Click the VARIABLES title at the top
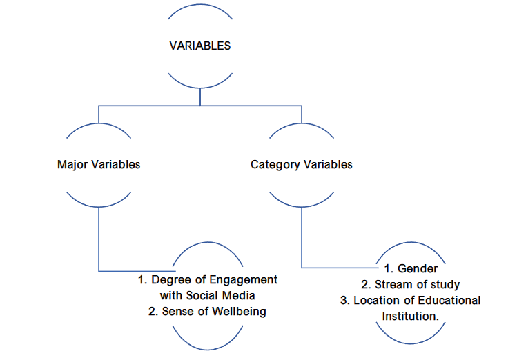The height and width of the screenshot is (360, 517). click(x=199, y=46)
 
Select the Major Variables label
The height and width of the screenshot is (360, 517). click(x=99, y=165)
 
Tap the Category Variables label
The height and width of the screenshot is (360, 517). click(x=301, y=165)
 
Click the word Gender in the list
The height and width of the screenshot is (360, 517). click(x=419, y=269)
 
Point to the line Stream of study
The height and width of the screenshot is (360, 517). click(x=411, y=284)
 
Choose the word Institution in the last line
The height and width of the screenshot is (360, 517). click(x=410, y=316)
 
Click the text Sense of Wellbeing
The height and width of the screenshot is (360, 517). click(x=207, y=311)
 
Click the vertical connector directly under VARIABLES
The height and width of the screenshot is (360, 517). click(x=199, y=96)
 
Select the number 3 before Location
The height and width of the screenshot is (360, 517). click(x=343, y=300)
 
